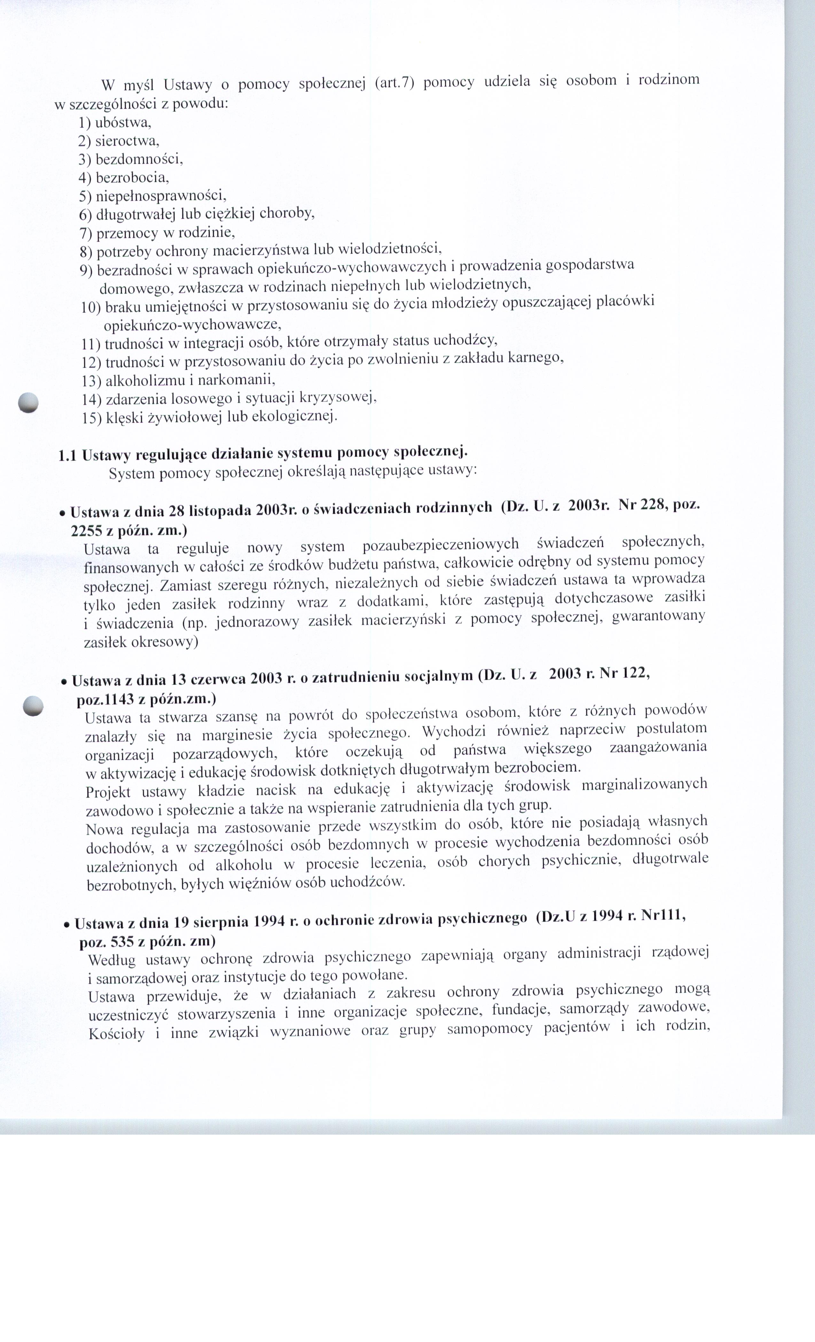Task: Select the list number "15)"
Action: click(91, 418)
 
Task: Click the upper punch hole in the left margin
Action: click(28, 403)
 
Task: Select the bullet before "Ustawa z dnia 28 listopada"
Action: click(63, 513)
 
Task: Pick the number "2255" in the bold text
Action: click(86, 530)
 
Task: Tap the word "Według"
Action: click(112, 960)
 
